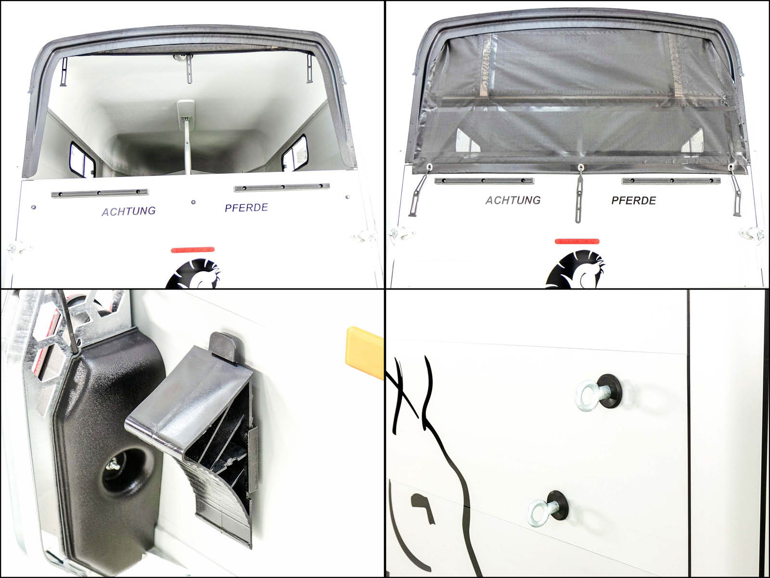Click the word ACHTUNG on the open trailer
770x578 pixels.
129,211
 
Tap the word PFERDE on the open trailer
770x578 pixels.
246,208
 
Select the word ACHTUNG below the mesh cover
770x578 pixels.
513,200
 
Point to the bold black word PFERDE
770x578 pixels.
633,200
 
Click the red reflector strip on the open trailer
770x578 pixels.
192,250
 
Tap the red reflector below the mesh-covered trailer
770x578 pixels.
577,241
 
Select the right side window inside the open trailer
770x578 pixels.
295,153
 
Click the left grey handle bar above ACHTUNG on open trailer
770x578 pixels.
99,193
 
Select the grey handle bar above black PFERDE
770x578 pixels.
671,181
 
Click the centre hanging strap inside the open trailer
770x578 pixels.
190,69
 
